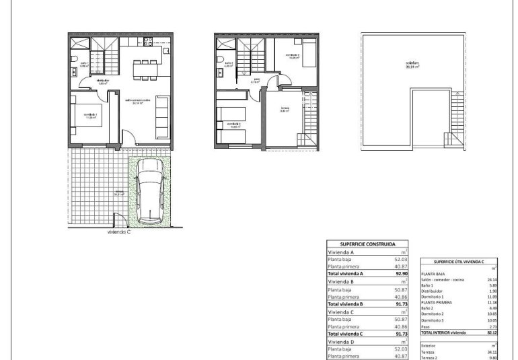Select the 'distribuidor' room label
point(103,81)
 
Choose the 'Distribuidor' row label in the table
point(433,291)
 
